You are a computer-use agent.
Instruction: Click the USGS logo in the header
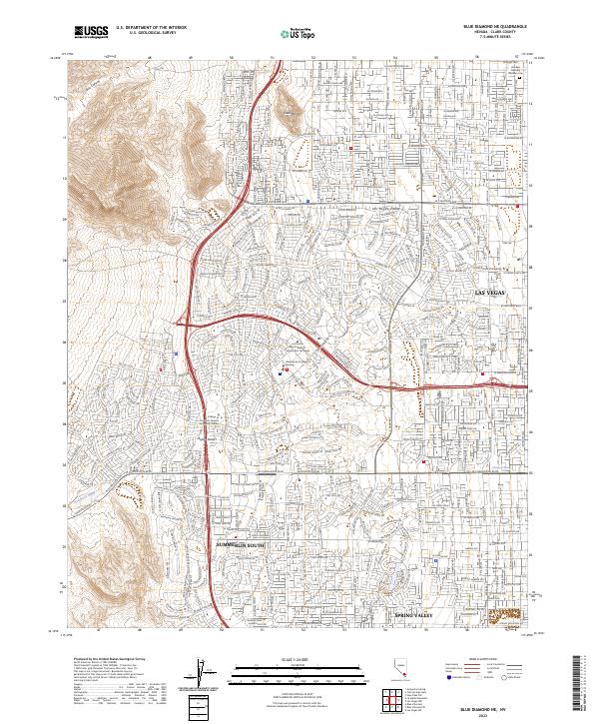coord(91,32)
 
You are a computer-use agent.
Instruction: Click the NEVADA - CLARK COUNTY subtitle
coord(494,33)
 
